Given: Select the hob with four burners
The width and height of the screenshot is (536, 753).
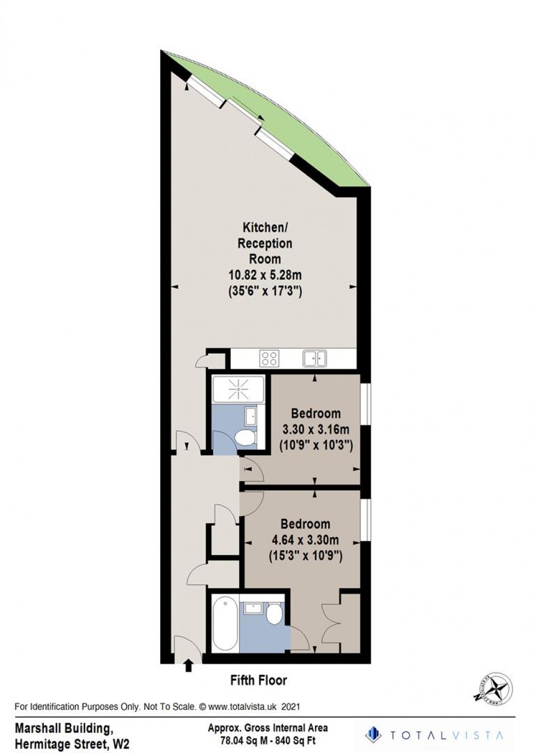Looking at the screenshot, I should (x=269, y=358).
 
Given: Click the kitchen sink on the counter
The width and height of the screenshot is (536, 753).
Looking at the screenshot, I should (x=314, y=358).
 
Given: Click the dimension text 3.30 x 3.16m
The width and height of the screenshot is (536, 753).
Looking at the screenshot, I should (x=316, y=429).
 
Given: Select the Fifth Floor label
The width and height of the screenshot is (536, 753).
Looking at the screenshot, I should (x=258, y=681).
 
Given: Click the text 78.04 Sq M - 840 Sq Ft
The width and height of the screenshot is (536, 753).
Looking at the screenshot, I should (x=268, y=741).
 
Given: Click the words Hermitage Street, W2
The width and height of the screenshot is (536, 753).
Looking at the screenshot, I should (x=72, y=744).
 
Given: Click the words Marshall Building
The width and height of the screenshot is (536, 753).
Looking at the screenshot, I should (x=63, y=728).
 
